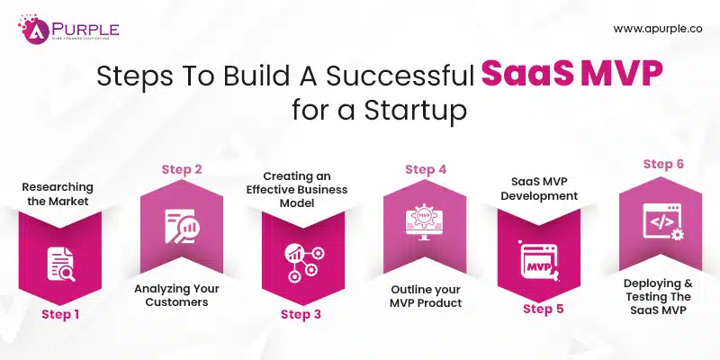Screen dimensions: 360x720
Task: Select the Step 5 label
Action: (x=543, y=310)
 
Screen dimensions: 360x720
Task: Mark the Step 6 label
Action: (x=664, y=164)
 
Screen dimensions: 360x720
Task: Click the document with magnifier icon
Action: (x=58, y=264)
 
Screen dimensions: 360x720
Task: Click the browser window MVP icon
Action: (x=542, y=261)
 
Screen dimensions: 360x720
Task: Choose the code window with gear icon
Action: (x=664, y=221)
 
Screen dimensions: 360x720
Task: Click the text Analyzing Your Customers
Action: (x=178, y=296)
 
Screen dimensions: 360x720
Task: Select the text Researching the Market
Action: (x=58, y=193)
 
